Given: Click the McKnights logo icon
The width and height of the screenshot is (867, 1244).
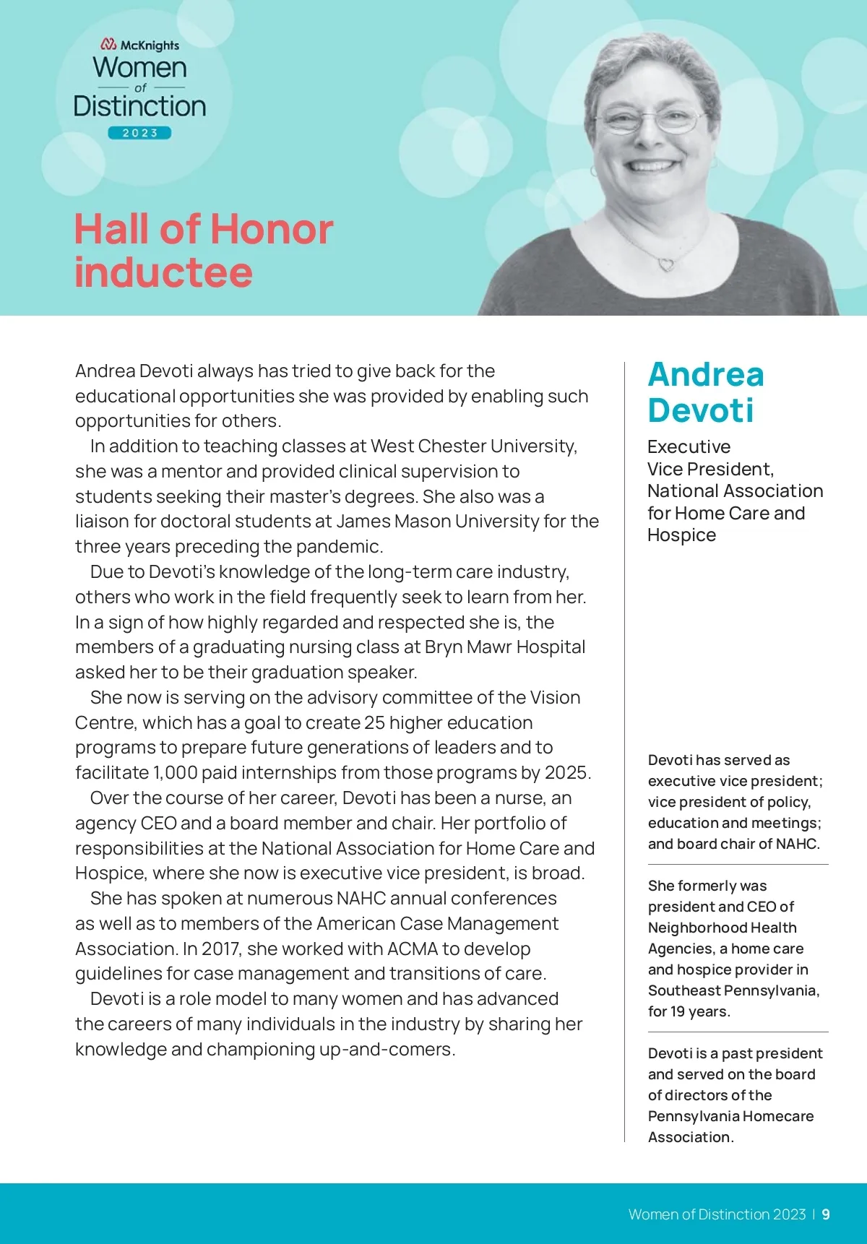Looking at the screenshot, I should click(x=109, y=45).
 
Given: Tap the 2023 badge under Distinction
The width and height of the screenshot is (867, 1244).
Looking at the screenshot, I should click(x=139, y=133).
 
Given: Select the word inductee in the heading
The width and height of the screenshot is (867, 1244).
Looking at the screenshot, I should click(x=163, y=273).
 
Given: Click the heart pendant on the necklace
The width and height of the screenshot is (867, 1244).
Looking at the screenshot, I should click(x=666, y=264).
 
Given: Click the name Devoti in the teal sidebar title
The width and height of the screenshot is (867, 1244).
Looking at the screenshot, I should click(x=700, y=410).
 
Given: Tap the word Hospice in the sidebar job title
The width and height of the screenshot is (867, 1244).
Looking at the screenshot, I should click(x=681, y=535).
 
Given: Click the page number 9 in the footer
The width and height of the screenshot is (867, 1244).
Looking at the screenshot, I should click(x=826, y=1214).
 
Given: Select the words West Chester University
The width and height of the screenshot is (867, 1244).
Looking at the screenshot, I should click(x=473, y=446).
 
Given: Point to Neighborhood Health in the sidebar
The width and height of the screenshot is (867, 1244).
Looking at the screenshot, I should click(x=722, y=928).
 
